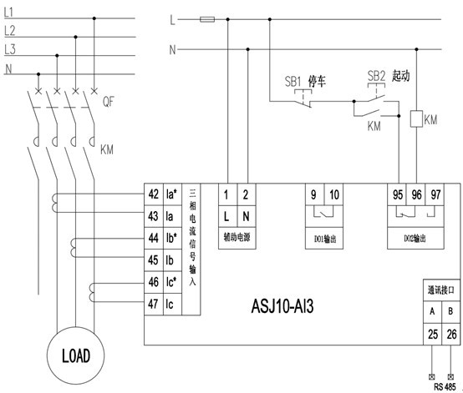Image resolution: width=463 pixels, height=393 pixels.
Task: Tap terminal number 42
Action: point(154,194)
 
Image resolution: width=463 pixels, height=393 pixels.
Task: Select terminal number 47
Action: point(153,304)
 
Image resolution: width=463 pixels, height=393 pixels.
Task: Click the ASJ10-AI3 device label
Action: point(282,306)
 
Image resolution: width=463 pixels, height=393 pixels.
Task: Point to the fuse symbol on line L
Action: point(207,20)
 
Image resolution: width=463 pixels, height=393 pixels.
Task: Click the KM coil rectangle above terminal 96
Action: point(417,118)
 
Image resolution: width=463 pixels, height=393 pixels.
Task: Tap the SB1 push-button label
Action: point(293,81)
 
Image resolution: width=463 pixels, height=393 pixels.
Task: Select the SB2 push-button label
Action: point(376,76)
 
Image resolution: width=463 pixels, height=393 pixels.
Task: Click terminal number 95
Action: point(398,194)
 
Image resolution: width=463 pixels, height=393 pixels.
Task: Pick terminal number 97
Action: point(435,194)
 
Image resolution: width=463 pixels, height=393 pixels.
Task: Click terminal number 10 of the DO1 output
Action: point(334,194)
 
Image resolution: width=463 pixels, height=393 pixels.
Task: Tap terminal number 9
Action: point(313,194)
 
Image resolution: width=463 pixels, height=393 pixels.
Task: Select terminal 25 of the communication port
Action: point(433,334)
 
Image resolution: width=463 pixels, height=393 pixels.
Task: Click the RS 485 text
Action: point(445,386)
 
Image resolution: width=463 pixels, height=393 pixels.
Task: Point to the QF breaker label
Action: point(108,102)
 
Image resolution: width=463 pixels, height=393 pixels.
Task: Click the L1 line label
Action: point(8,12)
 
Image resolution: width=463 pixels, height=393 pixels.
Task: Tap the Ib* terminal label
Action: point(171,238)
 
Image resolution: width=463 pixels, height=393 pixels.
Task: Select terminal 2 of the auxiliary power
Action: point(246,194)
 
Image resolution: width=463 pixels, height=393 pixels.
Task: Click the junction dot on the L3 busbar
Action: point(57,55)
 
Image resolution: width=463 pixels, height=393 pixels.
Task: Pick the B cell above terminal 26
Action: point(450,311)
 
